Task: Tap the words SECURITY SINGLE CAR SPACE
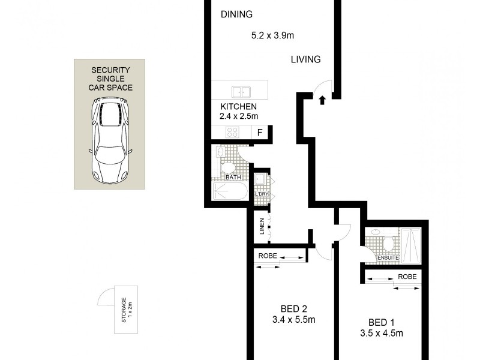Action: (x=110, y=79)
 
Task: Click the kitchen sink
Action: (x=241, y=92)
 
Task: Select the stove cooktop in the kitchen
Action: (x=233, y=133)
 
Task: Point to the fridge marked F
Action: (x=259, y=133)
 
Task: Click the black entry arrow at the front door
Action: (x=323, y=100)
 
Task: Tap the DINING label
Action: (x=236, y=14)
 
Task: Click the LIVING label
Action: (x=306, y=59)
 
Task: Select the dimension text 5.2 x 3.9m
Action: (x=272, y=35)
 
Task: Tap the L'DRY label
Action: (x=261, y=194)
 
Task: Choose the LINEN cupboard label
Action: (x=262, y=227)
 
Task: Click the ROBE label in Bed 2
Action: (x=268, y=256)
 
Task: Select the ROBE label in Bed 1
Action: (x=407, y=278)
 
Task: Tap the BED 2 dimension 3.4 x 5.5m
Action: (x=293, y=319)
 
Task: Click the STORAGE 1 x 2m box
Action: (x=127, y=310)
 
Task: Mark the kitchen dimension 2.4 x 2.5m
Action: (x=238, y=116)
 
